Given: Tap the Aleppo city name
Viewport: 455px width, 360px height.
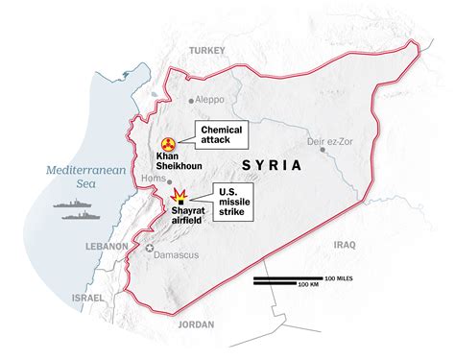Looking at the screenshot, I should click(215, 99).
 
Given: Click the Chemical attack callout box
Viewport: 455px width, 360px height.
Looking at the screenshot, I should click(219, 135).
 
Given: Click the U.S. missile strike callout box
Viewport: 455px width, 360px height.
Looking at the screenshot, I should click(230, 202).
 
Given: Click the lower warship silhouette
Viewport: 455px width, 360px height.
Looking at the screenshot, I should click(80, 215).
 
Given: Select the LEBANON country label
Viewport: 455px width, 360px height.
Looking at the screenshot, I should click(105, 247).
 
